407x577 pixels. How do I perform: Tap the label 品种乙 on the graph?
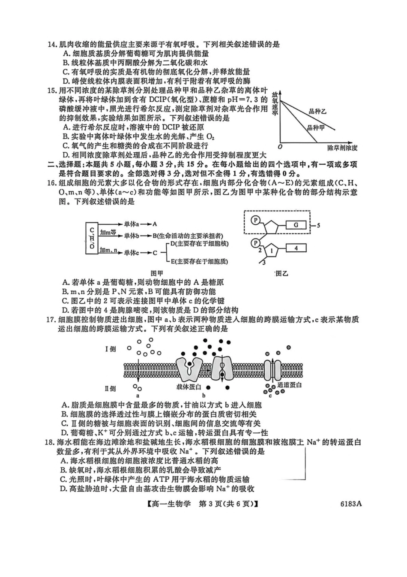coord(317,112)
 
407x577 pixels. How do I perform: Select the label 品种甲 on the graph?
coord(315,128)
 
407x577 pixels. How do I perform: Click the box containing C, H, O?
coord(91,239)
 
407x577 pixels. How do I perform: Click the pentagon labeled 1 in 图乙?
coord(272,249)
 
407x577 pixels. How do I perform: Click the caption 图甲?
coord(157,273)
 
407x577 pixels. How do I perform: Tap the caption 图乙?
coord(281,273)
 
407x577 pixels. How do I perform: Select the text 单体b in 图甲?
coord(132,236)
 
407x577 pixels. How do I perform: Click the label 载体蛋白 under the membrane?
coord(189,387)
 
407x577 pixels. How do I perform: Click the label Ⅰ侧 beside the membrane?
coord(111,349)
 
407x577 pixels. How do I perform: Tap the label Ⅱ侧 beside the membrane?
coord(111,388)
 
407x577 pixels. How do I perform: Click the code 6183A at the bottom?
coord(351,504)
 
